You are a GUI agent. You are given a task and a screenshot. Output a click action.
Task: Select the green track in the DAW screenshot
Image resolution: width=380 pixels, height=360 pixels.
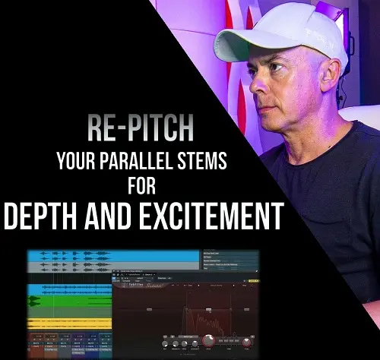tap(68, 301)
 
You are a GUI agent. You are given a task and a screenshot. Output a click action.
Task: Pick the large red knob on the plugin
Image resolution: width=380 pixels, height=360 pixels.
tap(209, 343)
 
